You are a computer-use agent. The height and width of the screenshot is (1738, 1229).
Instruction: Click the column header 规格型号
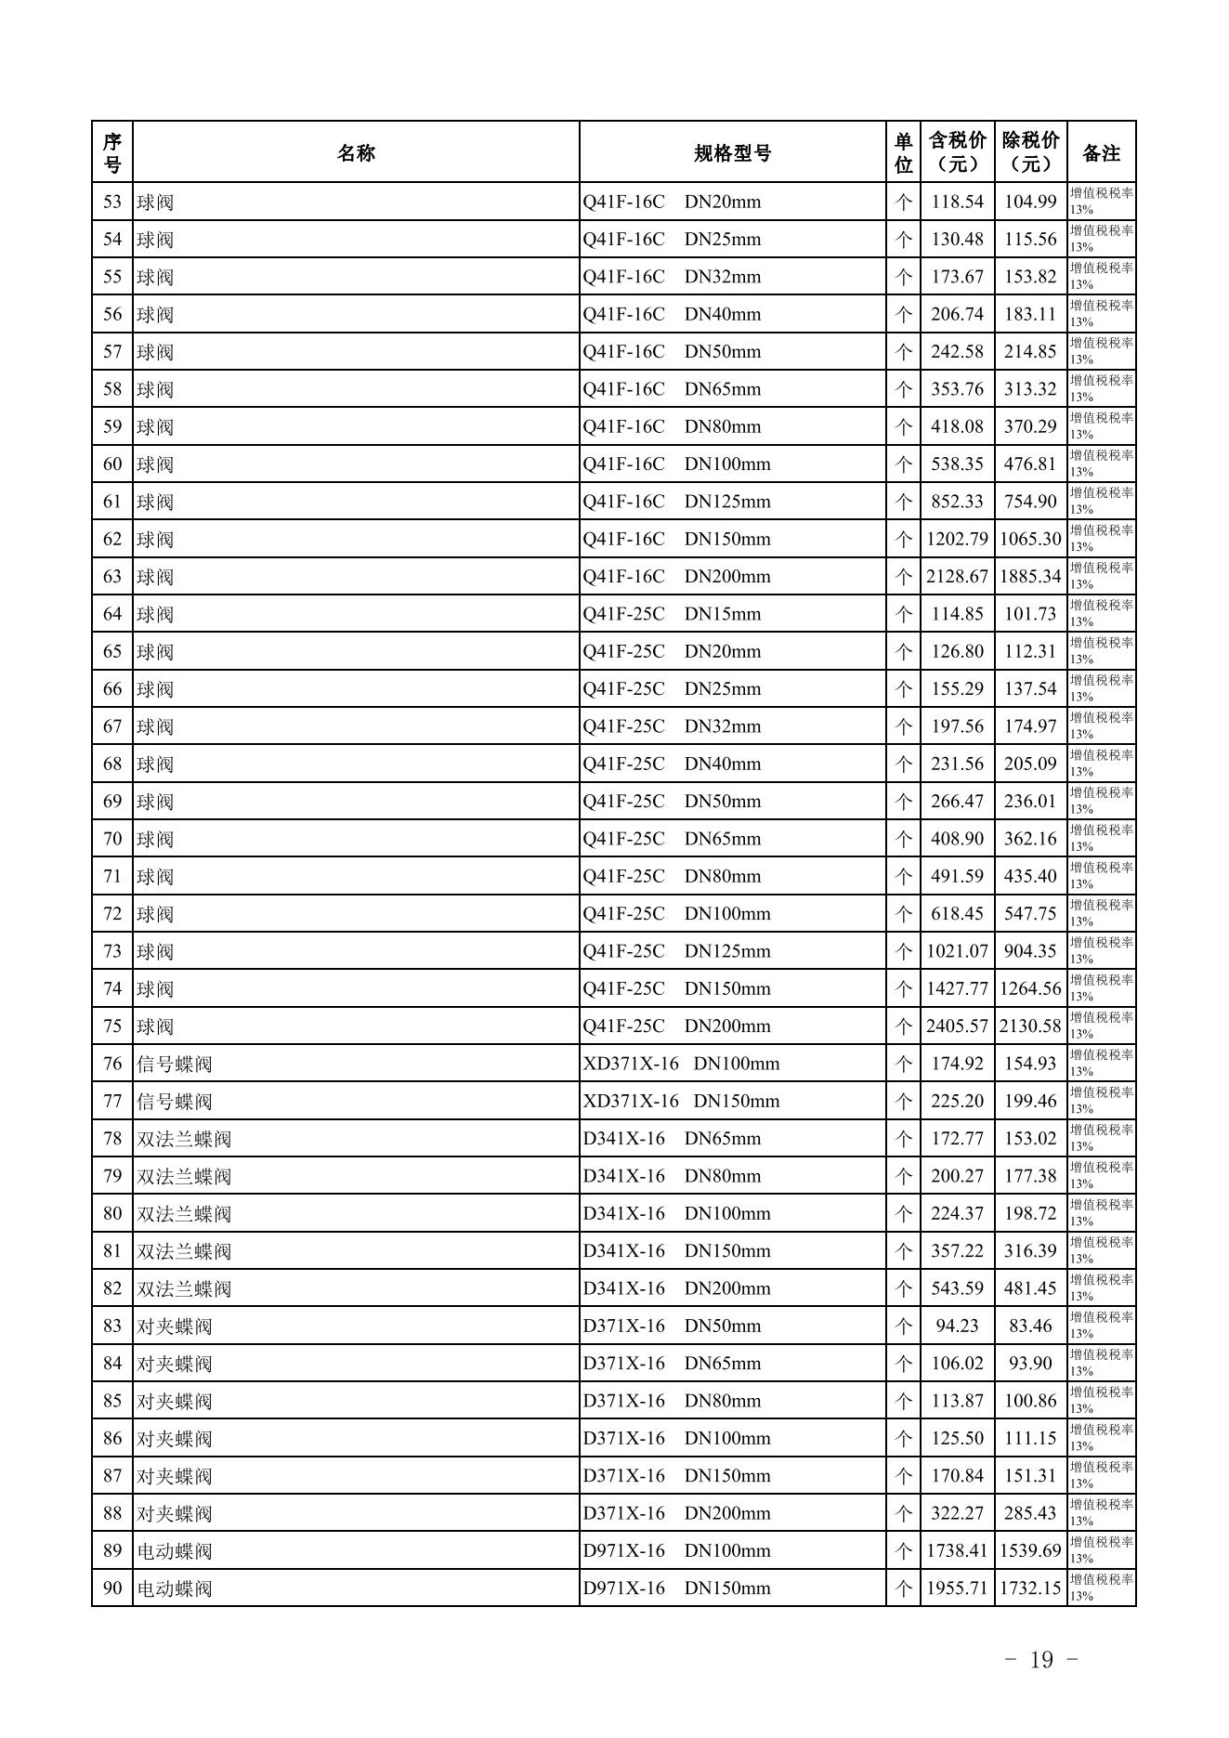(x=732, y=153)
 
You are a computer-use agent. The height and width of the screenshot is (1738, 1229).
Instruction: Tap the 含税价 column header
(x=957, y=152)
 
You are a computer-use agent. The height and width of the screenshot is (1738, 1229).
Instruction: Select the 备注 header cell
(x=1101, y=153)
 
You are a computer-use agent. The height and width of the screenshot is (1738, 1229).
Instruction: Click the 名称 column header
(x=356, y=153)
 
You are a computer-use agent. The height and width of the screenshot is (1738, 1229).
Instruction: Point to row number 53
(x=112, y=202)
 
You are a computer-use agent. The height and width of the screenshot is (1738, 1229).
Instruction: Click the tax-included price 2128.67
(x=957, y=577)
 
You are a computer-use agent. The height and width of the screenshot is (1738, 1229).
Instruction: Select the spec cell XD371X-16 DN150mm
(x=681, y=1102)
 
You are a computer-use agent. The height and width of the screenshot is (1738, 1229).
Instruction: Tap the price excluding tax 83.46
(x=1030, y=1326)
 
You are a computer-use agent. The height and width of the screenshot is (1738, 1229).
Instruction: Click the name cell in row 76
(x=175, y=1065)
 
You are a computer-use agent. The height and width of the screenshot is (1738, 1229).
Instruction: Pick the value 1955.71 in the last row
(x=957, y=1588)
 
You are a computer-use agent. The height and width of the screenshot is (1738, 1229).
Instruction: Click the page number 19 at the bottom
(x=1041, y=1660)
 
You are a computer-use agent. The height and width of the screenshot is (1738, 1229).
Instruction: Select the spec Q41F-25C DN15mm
(x=672, y=614)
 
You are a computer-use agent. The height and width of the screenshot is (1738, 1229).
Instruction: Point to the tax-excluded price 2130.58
(x=1030, y=1026)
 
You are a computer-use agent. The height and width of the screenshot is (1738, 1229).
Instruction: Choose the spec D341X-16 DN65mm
(x=672, y=1139)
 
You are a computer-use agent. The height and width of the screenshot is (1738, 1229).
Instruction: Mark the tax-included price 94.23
(x=957, y=1326)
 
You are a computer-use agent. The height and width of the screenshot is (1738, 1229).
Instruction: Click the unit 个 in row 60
(x=903, y=464)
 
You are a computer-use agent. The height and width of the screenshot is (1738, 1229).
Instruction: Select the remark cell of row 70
(x=1101, y=839)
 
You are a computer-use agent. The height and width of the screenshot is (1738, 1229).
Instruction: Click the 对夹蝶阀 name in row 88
(x=175, y=1514)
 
